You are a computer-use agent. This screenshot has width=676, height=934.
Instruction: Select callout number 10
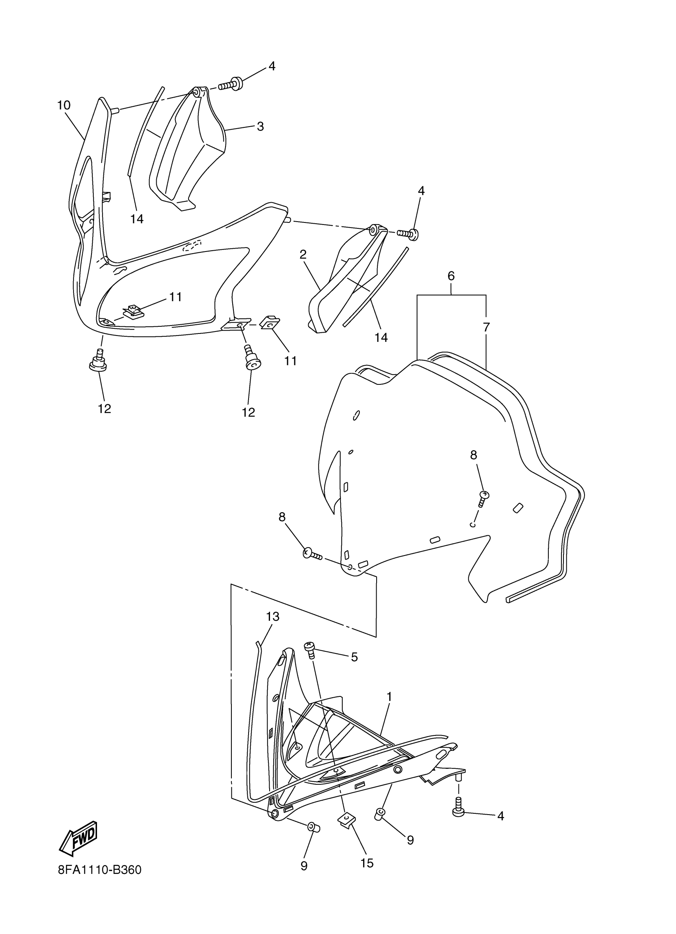[x=64, y=105]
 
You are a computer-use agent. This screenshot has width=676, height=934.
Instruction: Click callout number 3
[x=260, y=127]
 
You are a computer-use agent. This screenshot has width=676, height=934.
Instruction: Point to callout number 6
[x=451, y=276]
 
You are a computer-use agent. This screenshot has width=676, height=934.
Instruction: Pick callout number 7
[x=486, y=328]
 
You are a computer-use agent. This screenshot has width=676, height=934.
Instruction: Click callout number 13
[x=272, y=616]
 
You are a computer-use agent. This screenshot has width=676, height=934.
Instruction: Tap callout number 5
[x=354, y=657]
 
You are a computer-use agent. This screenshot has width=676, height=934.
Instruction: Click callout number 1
[x=389, y=697]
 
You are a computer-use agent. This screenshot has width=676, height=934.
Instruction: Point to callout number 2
[x=303, y=255]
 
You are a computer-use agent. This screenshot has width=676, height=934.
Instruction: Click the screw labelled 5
[x=311, y=649]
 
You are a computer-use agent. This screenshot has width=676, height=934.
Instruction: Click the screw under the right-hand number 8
[x=483, y=497]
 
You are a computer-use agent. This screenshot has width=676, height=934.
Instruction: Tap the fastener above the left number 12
[x=98, y=362]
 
